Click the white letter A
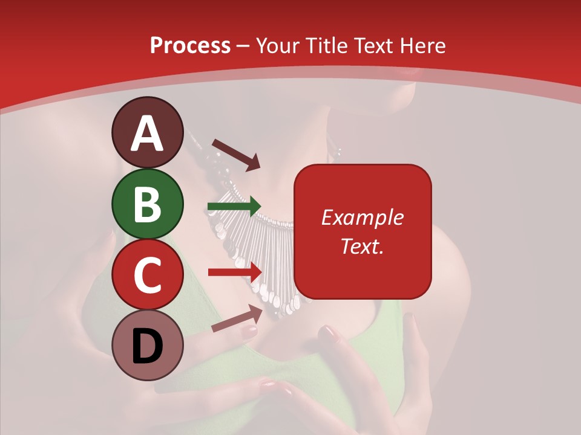coord(148,134)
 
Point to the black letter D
coord(148,346)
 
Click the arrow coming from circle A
coord(236,154)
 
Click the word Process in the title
coord(190,45)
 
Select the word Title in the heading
coord(326,45)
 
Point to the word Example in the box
coord(362,217)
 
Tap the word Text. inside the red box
coord(362,246)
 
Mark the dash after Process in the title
coord(243,46)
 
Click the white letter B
coord(148,204)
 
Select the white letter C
coord(148,275)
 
